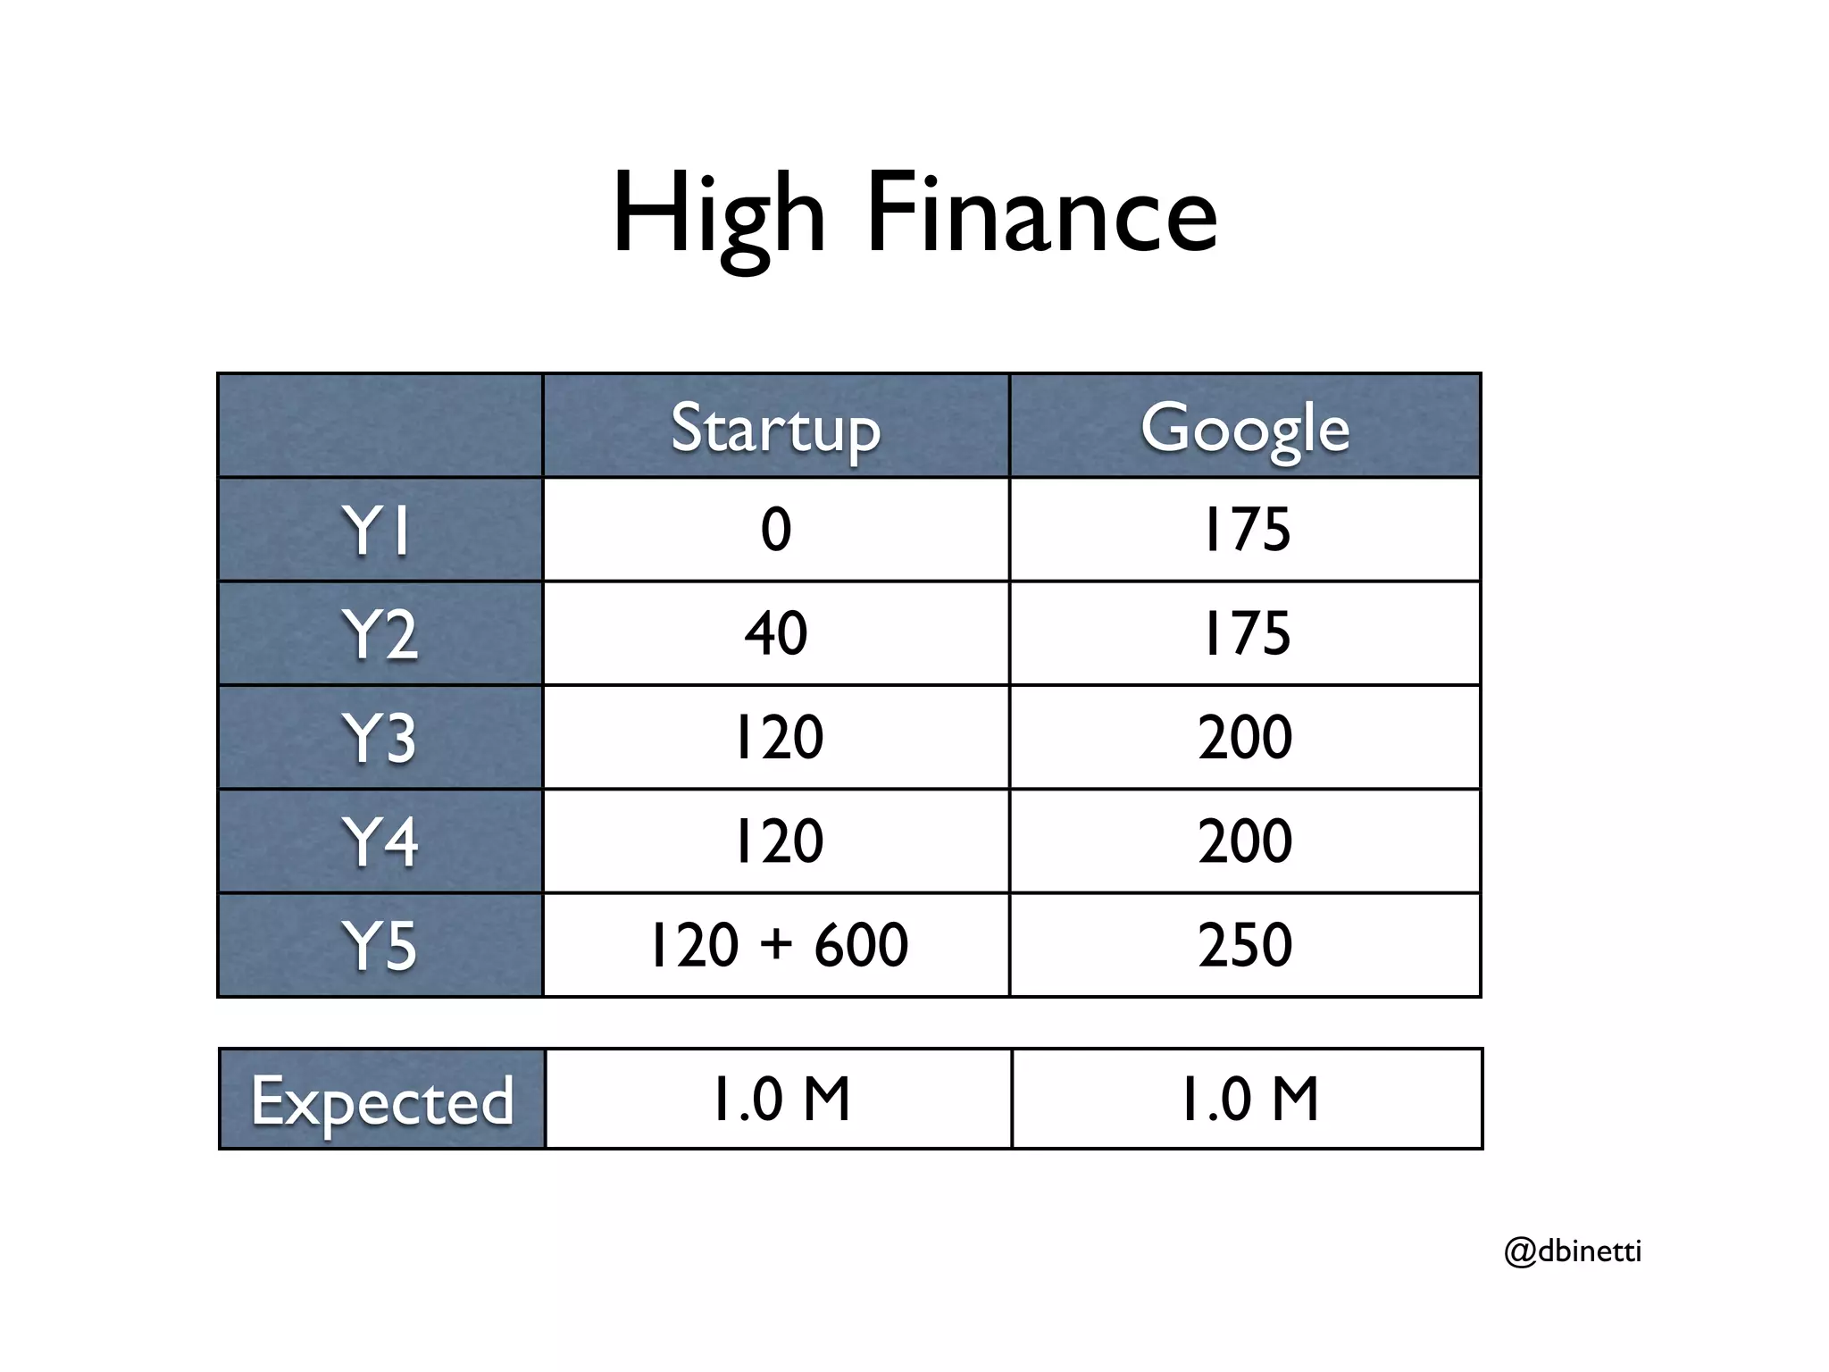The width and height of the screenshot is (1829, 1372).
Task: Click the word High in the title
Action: pos(719,214)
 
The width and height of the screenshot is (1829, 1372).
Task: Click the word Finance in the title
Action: pos(1041,214)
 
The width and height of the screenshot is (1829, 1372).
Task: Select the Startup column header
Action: pos(775,429)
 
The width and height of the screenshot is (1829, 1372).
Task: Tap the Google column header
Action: pos(1245,429)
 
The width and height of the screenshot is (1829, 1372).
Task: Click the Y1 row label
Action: pos(379,531)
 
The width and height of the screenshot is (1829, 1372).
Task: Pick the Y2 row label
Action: pos(379,634)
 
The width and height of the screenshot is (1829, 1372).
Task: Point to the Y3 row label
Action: pos(379,738)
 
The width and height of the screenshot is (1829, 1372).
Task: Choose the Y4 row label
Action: pos(379,841)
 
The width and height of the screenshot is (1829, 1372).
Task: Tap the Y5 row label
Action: pos(379,945)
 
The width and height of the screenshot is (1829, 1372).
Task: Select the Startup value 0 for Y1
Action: pos(775,529)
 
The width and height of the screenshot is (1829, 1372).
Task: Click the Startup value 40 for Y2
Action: pos(775,632)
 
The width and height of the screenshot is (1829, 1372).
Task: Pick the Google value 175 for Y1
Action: pos(1245,529)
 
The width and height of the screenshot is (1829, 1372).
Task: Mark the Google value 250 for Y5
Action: pos(1245,944)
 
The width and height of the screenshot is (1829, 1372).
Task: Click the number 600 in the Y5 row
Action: pos(861,944)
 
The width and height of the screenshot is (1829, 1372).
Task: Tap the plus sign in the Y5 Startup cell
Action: pos(778,944)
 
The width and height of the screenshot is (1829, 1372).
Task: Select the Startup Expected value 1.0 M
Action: pos(780,1099)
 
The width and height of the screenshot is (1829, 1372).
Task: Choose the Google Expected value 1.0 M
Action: pos(1248,1099)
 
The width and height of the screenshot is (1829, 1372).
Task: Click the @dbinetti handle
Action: pos(1573,1251)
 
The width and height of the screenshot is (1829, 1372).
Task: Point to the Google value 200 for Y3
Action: pos(1245,737)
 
